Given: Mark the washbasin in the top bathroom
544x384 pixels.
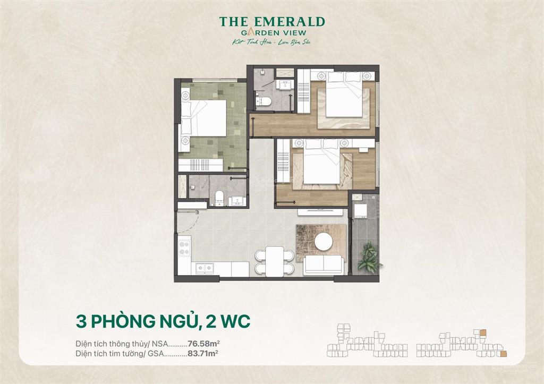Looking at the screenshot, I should click(284, 85).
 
